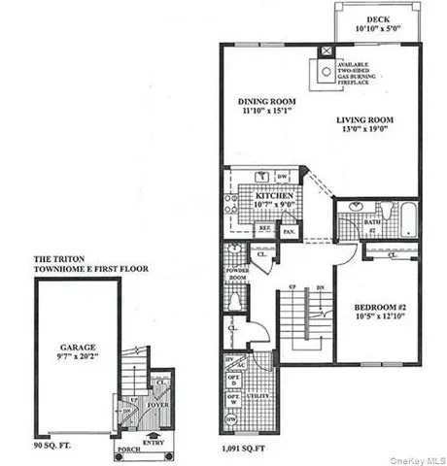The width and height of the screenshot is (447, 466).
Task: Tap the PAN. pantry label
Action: click(289, 232)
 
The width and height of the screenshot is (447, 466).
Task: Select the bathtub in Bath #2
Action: click(395, 218)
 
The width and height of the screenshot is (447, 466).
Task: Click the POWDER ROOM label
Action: click(236, 275)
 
